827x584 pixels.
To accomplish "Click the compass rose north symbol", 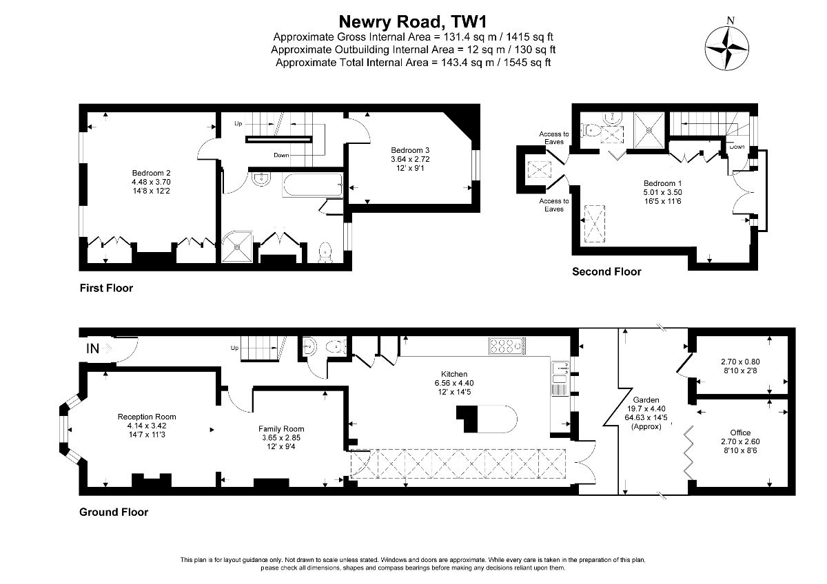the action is (x=727, y=48).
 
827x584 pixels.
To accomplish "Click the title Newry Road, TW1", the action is (x=413, y=22).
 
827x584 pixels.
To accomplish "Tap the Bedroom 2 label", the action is (x=151, y=173).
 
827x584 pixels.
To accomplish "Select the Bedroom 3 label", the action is (x=410, y=150).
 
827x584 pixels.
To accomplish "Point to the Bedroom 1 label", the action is (x=662, y=183).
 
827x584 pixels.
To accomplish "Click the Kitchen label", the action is (x=454, y=374).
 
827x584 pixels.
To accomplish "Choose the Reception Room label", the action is (x=147, y=417).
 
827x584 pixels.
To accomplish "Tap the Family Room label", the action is (x=281, y=428).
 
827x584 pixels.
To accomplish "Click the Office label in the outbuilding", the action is (x=740, y=432).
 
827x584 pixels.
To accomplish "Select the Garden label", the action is (x=646, y=399).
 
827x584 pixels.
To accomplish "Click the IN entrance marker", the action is (x=92, y=348).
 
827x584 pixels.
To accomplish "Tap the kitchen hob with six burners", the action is (x=507, y=346).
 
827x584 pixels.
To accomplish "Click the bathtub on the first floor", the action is (x=312, y=185).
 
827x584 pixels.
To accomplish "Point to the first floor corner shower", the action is (x=237, y=247).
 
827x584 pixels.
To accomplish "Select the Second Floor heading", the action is (x=606, y=271).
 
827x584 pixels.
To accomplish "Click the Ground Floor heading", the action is (x=114, y=512).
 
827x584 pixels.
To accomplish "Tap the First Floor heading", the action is (x=106, y=288).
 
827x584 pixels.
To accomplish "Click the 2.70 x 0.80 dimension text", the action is (x=740, y=362).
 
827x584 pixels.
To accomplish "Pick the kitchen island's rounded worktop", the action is (x=497, y=419).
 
